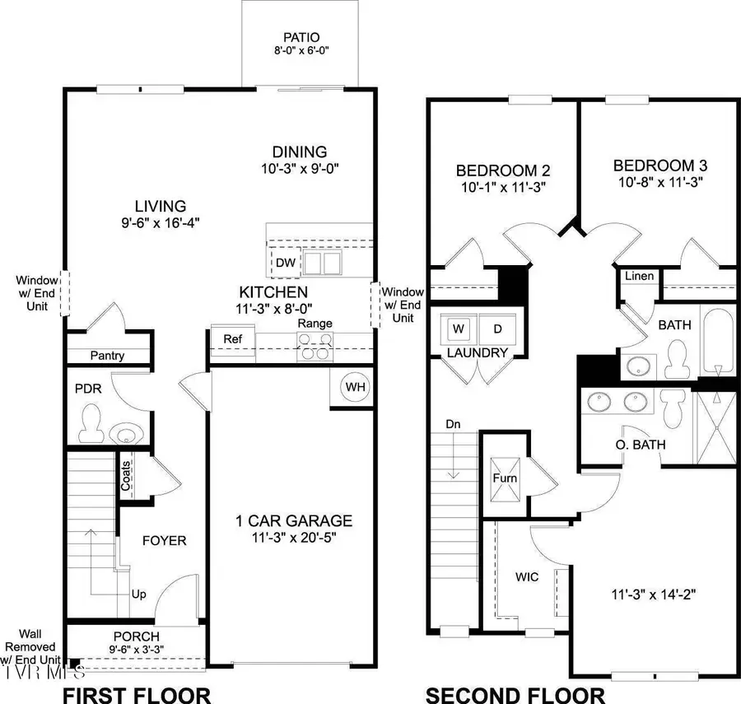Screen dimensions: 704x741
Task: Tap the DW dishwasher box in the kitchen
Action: (x=285, y=263)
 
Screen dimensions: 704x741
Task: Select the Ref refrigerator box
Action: (x=221, y=338)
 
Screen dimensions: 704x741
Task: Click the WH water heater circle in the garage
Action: (x=354, y=388)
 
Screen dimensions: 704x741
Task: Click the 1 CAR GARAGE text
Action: (x=293, y=520)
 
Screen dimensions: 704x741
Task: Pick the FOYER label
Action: (x=164, y=541)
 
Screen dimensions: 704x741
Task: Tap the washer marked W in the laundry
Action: (x=459, y=329)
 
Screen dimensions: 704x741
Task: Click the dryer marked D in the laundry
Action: (x=496, y=329)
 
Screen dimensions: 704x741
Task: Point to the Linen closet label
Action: (x=639, y=276)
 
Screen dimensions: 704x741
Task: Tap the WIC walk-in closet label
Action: (x=527, y=577)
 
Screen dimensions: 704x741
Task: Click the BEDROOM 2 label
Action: (x=503, y=170)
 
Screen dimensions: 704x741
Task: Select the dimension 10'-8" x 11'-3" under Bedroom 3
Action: (x=659, y=181)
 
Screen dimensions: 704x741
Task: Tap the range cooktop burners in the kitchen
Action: (x=315, y=351)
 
